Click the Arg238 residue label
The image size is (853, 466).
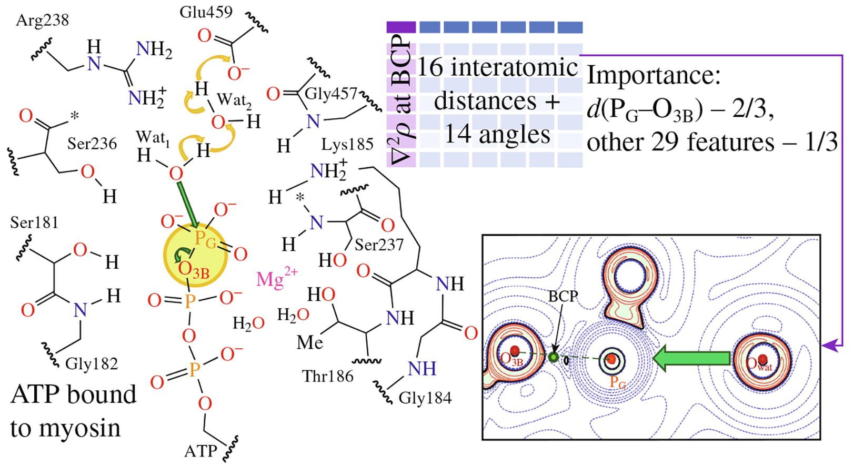(42, 20)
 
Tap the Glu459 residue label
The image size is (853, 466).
(206, 12)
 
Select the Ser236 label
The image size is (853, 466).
(92, 144)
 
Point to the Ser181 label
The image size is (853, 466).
(34, 222)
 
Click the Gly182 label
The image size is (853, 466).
(92, 363)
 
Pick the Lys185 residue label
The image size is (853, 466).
(347, 144)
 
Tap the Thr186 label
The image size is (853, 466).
(327, 376)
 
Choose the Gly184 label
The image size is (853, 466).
(425, 398)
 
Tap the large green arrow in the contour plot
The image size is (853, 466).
(691, 358)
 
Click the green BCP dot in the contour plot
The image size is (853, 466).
(553, 357)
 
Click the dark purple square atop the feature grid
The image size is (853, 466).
(401, 27)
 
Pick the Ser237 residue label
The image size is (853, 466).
(378, 245)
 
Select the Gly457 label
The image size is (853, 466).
(330, 93)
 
